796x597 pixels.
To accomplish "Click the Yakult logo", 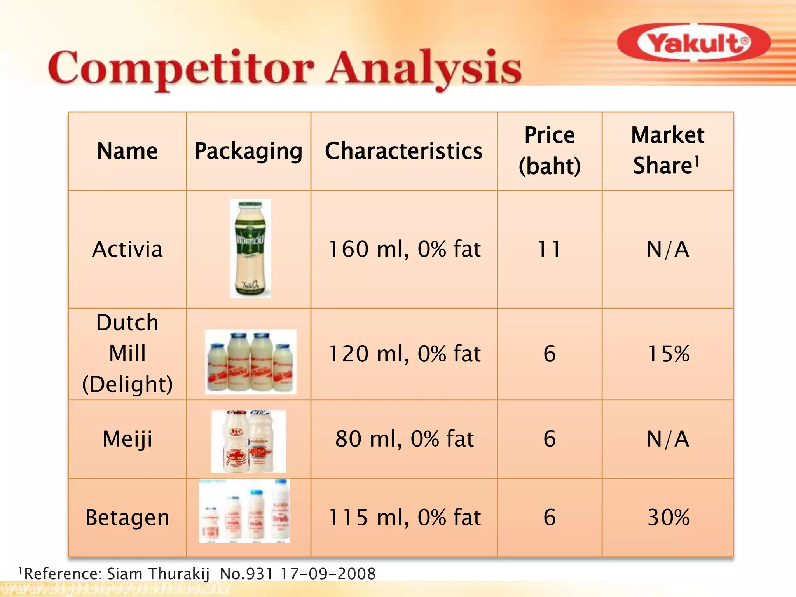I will [x=693, y=43].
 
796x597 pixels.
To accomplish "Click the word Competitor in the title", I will [x=181, y=68].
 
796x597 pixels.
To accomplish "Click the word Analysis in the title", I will [x=424, y=68].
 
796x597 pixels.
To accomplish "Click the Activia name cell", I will [x=127, y=249].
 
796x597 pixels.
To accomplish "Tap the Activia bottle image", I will [x=250, y=248].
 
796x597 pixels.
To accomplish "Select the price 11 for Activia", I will [x=549, y=249].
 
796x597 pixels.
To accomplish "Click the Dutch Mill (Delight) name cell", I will [x=127, y=353].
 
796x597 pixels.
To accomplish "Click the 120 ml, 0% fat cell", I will [x=404, y=354].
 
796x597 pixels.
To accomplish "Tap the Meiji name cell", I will [x=127, y=439].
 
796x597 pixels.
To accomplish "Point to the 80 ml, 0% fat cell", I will [x=404, y=439].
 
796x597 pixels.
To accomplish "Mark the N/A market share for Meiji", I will [x=667, y=439].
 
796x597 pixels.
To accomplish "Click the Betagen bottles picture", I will [x=244, y=511].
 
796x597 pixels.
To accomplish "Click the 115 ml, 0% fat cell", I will [x=404, y=518].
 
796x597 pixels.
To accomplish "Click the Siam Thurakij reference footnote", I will [x=197, y=574].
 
